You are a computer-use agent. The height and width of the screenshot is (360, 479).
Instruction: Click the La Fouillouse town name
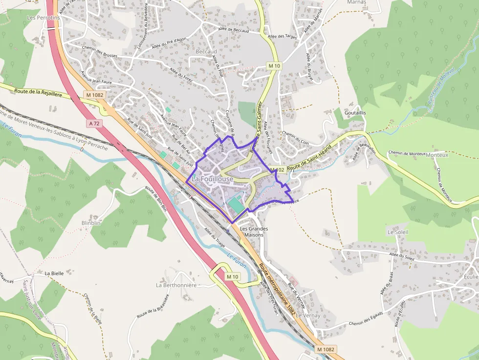pos(212,179)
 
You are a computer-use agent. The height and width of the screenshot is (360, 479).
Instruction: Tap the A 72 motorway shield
pos(94,124)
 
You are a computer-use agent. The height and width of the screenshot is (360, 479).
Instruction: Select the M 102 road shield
pos(277,169)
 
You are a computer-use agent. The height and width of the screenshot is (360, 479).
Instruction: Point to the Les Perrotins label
pos(43,18)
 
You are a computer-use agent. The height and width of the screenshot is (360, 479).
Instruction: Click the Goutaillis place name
pos(355,113)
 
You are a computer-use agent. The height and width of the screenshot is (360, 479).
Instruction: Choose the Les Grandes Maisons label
pos(254,232)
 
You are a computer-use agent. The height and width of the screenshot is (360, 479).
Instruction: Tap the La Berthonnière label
pos(176,285)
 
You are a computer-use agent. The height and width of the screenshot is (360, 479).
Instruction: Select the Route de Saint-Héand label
pos(310,158)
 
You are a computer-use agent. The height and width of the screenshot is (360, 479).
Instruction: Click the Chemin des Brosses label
pos(100,55)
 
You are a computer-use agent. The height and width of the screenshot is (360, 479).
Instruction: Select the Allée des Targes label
pos(283,36)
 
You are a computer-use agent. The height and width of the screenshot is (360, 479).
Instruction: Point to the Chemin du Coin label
pos(296,139)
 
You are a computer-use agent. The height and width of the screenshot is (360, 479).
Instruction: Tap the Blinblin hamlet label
pos(91,223)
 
